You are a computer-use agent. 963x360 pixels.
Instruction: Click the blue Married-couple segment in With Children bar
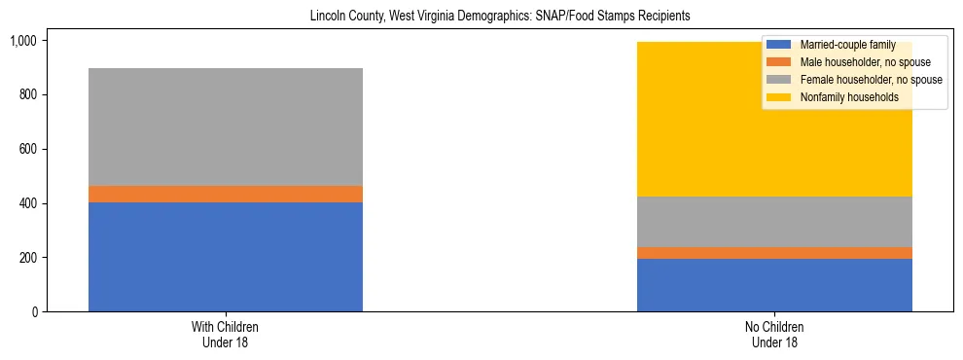coord(226,257)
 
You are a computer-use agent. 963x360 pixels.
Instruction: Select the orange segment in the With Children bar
coord(226,194)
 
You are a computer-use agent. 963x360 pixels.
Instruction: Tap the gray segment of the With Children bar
coord(226,126)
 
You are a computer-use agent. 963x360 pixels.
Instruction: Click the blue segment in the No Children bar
coord(774,285)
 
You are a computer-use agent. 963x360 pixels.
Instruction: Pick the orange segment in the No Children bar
coord(774,253)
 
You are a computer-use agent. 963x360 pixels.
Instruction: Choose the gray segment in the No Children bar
coord(774,222)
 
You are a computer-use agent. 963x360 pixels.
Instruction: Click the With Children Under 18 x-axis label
coord(226,335)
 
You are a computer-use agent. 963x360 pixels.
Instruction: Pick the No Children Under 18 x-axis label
coord(774,335)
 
